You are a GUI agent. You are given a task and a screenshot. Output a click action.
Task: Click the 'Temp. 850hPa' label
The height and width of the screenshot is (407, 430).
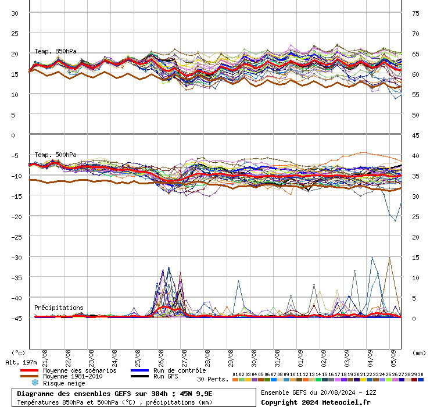[55, 51]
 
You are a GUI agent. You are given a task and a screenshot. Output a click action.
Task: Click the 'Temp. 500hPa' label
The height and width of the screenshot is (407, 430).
[55, 155]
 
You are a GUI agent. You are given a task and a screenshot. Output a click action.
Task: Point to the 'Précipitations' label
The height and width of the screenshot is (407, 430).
[59, 308]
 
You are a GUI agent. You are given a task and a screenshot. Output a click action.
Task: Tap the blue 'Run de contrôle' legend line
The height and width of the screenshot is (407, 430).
[140, 370]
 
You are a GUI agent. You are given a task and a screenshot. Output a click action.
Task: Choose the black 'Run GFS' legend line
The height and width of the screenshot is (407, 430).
[140, 377]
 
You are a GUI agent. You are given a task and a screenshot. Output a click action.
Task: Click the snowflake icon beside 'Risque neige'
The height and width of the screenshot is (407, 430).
[35, 383]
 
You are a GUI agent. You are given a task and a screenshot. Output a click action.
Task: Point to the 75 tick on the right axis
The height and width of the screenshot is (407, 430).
[416, 13]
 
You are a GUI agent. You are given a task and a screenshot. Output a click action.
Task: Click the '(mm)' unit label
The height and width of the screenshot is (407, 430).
[418, 353]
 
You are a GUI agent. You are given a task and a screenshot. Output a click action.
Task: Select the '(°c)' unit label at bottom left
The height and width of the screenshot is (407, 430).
[19, 353]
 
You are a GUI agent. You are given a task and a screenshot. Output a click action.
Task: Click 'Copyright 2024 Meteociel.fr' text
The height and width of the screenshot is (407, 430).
[316, 402]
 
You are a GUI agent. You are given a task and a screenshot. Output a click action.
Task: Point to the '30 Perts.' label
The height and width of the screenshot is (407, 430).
[213, 379]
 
